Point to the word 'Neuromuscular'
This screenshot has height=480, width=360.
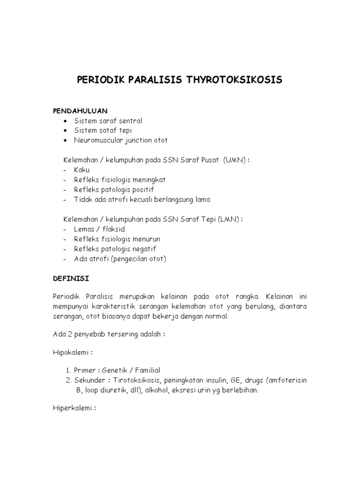tap(97, 140)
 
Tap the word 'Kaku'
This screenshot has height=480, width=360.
tap(82, 170)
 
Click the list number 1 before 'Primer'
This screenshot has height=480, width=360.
tap(68, 370)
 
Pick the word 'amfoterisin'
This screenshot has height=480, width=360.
tap(285, 380)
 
